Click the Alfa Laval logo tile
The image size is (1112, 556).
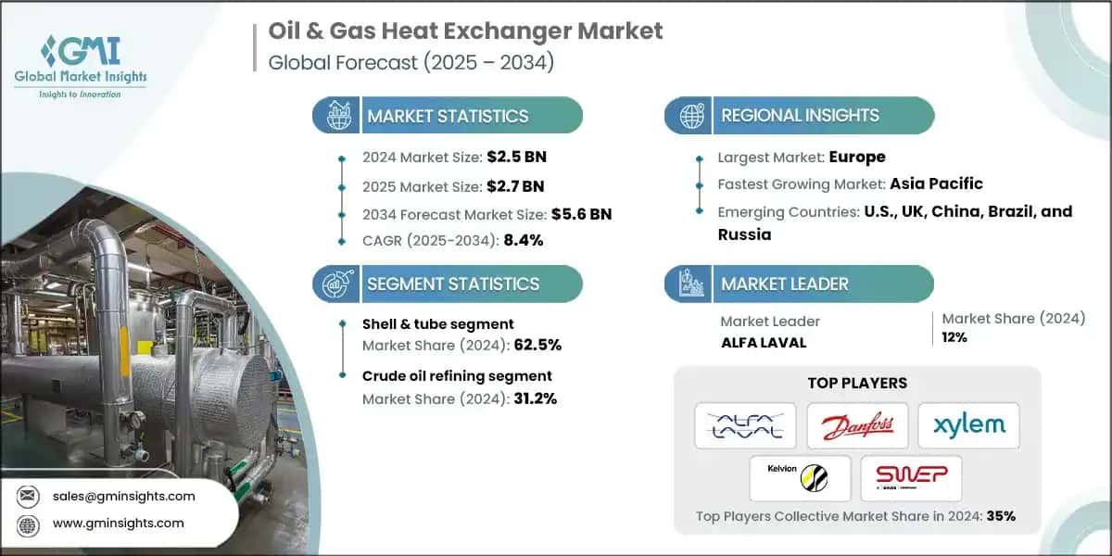pos(745,425)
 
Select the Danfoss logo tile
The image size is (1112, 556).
pos(856,425)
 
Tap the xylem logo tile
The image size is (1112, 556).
pos(968,425)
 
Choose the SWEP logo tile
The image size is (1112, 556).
pos(911,478)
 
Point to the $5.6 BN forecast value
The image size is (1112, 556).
pos(582,214)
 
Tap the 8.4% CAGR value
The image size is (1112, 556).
pos(523,240)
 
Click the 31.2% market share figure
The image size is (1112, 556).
pos(536,399)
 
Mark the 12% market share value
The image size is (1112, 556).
pos(954,337)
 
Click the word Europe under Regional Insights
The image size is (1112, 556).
pos(856,157)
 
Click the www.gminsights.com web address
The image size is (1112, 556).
pos(119,523)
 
